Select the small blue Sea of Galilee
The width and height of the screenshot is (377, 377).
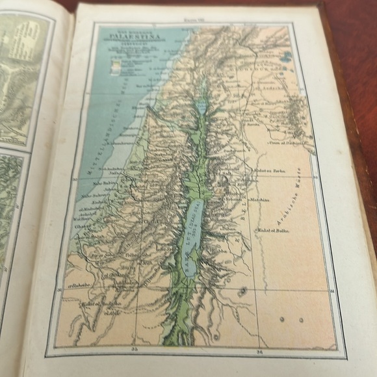[x=201, y=107]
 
